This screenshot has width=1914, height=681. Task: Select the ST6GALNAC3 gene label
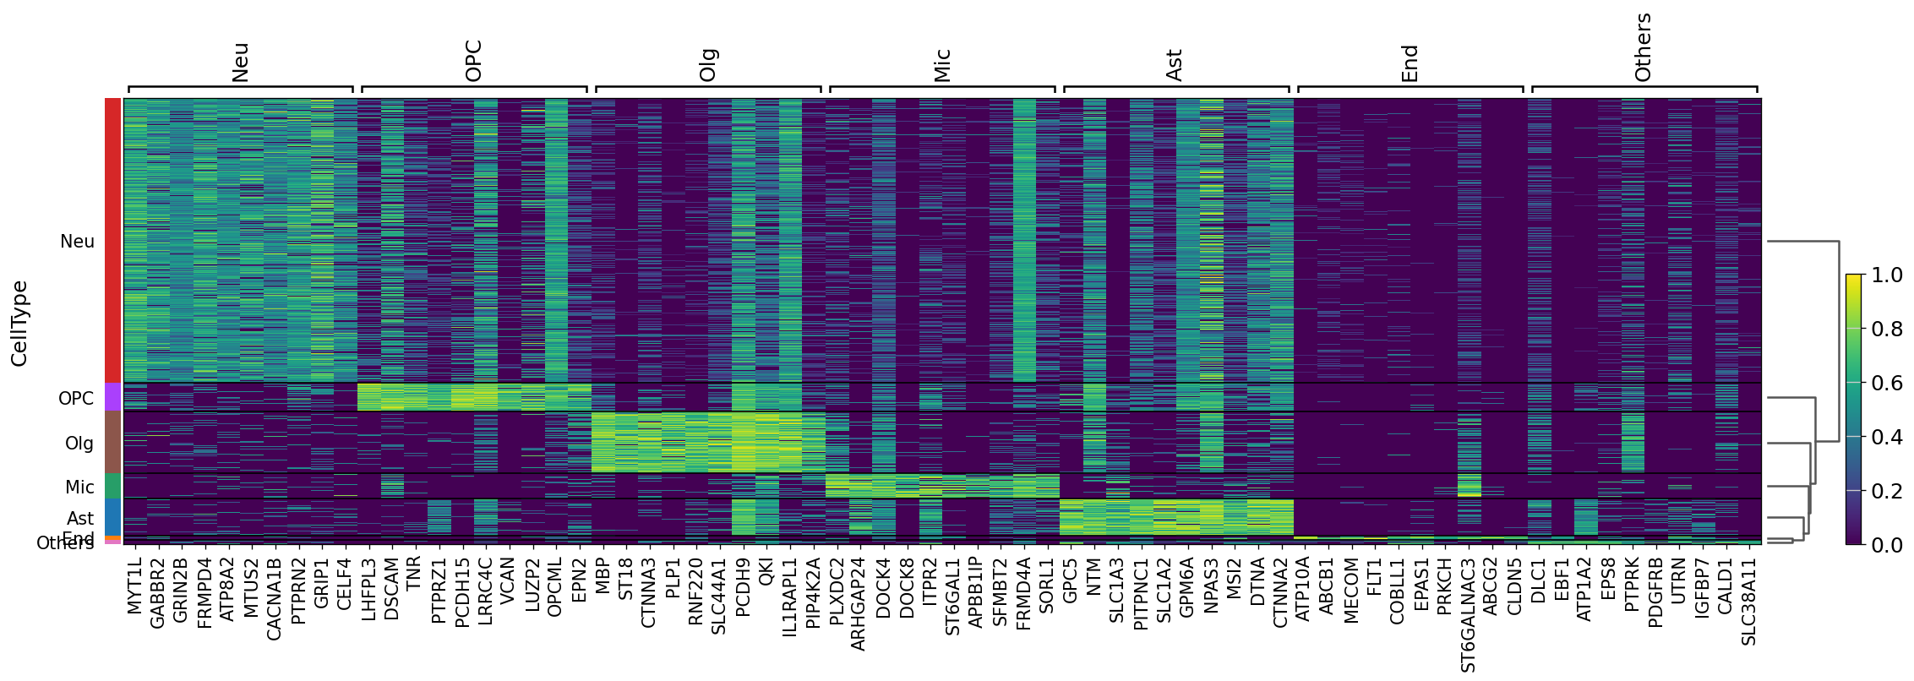(x=1468, y=614)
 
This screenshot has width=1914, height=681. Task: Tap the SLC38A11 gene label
(x=1748, y=601)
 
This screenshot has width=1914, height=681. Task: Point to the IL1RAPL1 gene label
(x=790, y=597)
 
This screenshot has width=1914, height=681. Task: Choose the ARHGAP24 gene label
(x=859, y=603)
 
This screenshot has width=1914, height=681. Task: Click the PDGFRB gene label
(x=1655, y=592)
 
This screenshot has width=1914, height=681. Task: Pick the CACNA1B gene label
(x=274, y=598)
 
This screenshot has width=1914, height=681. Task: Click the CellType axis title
(x=19, y=323)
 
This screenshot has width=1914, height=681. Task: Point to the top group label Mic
(x=942, y=65)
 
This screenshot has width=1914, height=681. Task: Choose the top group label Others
(x=1643, y=47)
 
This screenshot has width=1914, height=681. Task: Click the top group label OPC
(x=474, y=61)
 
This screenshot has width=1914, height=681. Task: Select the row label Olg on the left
(x=79, y=443)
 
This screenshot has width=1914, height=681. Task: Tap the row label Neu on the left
(x=77, y=242)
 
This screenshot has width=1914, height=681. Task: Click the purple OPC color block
(x=113, y=396)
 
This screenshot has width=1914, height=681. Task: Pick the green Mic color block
(x=113, y=486)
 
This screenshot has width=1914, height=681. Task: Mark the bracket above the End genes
(x=1410, y=87)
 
